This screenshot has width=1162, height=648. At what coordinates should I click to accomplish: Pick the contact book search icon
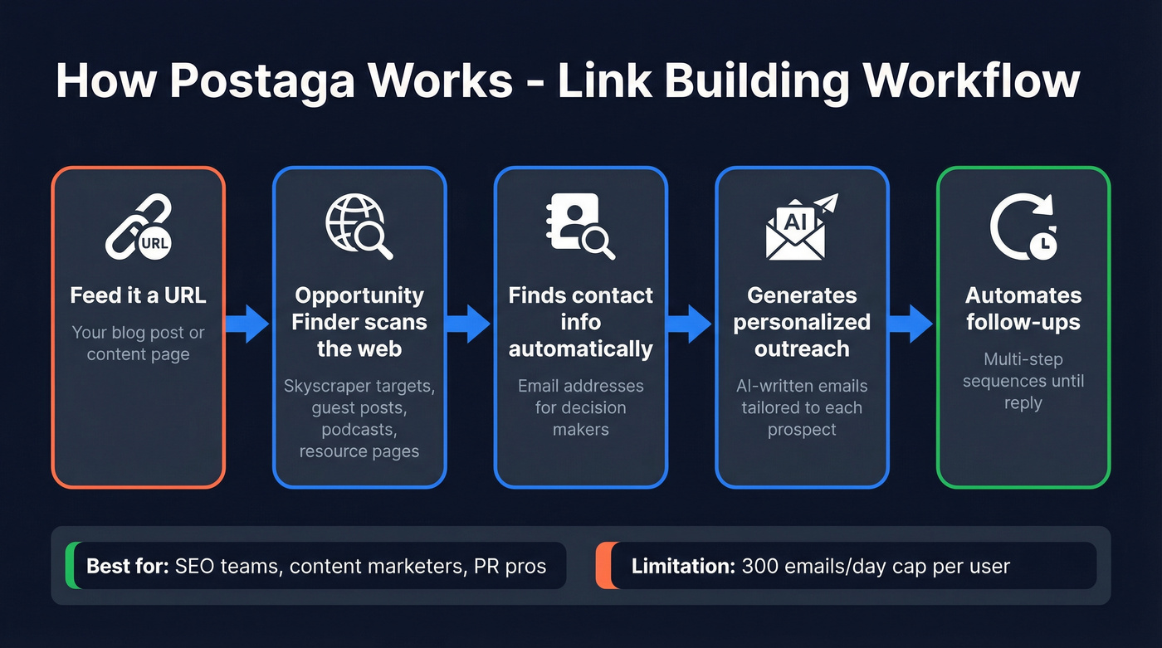coord(580,225)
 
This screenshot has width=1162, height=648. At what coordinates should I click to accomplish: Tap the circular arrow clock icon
coord(1023,227)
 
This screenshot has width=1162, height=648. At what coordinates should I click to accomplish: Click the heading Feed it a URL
coord(139,295)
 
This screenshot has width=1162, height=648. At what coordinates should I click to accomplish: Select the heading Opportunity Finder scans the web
coord(359,322)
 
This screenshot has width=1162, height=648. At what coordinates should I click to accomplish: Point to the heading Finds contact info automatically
coord(580,322)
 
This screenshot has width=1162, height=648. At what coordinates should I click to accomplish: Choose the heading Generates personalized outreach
coord(802,322)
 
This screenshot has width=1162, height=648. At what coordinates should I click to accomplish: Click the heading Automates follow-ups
coord(1023,309)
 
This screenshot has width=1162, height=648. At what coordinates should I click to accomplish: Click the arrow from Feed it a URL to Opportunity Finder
coord(248,323)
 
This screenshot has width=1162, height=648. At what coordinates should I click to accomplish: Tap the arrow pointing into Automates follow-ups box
coord(911,323)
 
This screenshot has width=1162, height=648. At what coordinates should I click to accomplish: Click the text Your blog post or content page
coord(139,343)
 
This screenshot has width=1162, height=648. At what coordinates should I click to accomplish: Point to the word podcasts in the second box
coord(359,430)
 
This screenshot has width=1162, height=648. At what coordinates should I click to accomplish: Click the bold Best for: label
coord(128,567)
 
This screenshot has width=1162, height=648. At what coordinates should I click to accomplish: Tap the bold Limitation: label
coord(682,567)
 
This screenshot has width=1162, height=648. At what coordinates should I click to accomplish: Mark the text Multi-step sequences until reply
coord(1023,381)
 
